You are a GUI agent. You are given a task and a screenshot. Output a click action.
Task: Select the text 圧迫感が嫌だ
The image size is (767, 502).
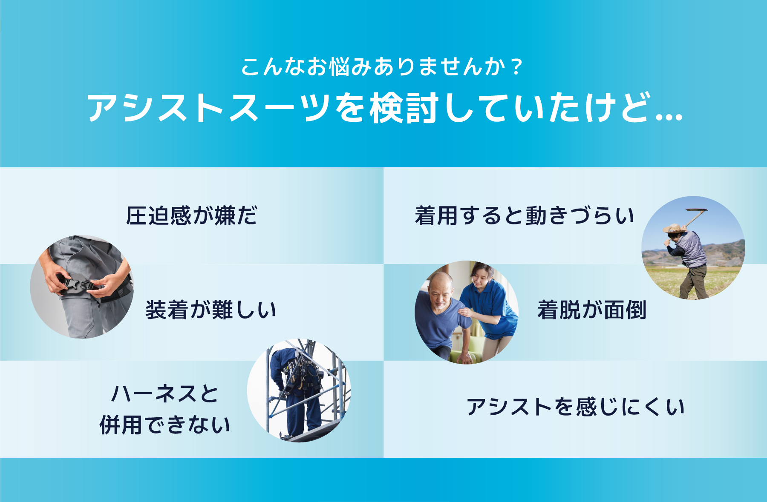[192, 215]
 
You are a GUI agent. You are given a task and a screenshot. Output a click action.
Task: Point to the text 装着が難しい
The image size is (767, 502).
[211, 310]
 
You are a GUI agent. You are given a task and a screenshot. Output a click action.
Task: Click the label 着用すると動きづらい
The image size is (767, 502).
[525, 215]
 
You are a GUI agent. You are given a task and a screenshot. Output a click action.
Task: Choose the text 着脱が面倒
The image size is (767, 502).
[592, 310]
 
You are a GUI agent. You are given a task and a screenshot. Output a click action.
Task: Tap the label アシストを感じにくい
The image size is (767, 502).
[575, 407]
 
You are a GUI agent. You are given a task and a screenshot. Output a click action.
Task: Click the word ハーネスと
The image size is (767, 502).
[165, 393]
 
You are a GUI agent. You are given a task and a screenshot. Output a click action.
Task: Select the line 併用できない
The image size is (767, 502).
[165, 425]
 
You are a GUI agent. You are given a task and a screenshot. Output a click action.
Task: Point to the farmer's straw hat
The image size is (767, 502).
[675, 228]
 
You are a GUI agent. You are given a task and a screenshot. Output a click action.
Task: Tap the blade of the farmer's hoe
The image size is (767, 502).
[696, 210]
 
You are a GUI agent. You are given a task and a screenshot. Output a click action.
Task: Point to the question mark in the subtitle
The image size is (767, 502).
[517, 67]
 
